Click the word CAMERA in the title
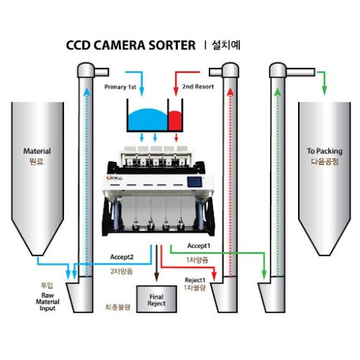coord(119,45)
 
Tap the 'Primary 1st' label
coord(120,87)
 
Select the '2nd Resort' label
coord(198,86)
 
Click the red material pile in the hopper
coord(175,120)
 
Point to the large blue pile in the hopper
coord(148,120)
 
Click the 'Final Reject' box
coord(156,299)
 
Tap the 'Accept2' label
coord(122,257)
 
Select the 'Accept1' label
coord(199,246)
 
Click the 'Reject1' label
coord(195,280)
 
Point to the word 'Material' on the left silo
coord(37,151)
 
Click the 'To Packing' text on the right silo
coord(325,151)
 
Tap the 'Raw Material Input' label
coord(48,302)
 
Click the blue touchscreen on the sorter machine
coord(194,181)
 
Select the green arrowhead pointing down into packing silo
coord(325,91)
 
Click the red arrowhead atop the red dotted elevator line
coord(230,91)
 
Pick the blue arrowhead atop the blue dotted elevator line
coord(87,91)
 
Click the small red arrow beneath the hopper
coord(176,138)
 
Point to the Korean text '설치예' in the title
coord(226,45)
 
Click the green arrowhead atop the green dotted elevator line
coord(278,92)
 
